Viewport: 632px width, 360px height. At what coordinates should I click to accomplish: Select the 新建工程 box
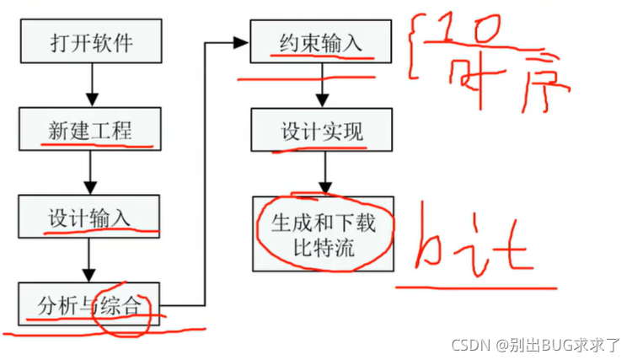pyautogui.click(x=89, y=131)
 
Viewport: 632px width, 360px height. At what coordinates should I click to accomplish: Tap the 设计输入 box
pyautogui.click(x=89, y=217)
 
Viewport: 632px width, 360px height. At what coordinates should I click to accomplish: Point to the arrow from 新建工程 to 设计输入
pyautogui.click(x=89, y=174)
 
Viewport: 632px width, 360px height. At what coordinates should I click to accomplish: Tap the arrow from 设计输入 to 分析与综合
pyautogui.click(x=89, y=261)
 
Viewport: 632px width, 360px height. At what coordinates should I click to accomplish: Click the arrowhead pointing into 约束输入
pyautogui.click(x=244, y=40)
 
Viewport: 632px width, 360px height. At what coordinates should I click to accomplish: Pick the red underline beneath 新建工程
pyautogui.click(x=97, y=146)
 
